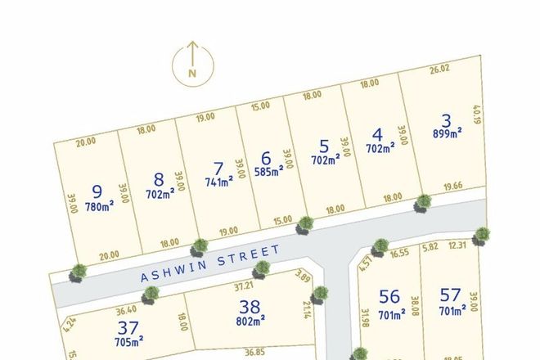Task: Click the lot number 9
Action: (x=97, y=192)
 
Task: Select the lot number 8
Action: (x=159, y=179)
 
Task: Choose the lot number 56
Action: (x=389, y=296)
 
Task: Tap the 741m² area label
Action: (x=218, y=180)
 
